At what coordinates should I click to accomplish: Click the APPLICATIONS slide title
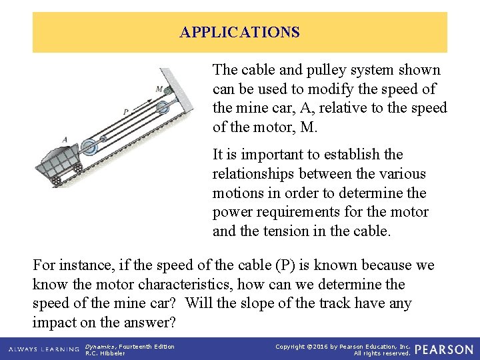tap(239, 32)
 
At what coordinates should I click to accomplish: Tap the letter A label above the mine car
tap(65, 139)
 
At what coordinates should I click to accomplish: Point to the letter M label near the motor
tap(159, 89)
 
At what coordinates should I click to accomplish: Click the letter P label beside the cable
tap(126, 112)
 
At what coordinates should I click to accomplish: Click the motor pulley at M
tap(168, 91)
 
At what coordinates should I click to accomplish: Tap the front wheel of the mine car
tap(79, 168)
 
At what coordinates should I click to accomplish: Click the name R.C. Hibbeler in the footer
tap(105, 353)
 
